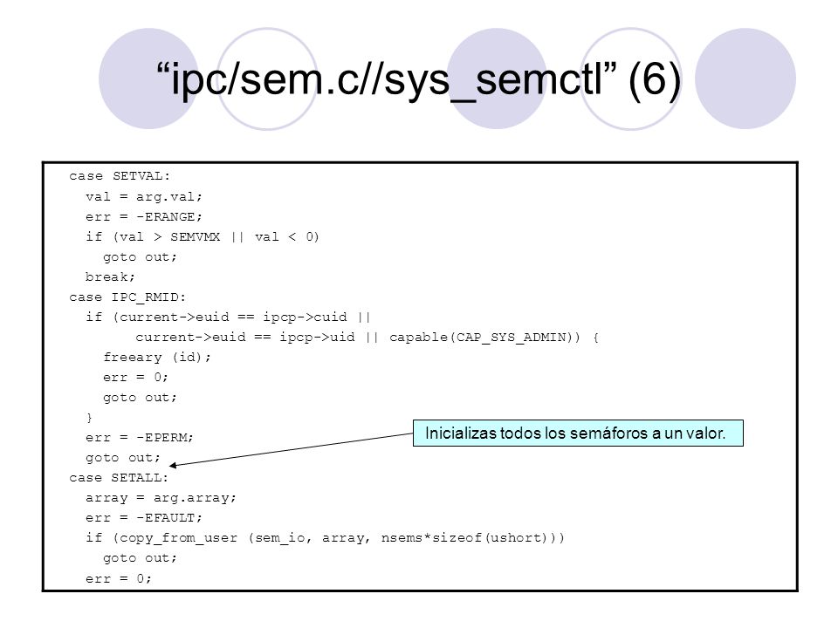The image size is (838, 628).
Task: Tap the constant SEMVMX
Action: click(x=195, y=236)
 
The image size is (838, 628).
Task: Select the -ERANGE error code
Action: click(x=170, y=217)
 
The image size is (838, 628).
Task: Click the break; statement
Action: click(x=110, y=276)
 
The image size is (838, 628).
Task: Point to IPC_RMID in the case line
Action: click(x=145, y=297)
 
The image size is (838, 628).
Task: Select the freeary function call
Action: click(x=133, y=358)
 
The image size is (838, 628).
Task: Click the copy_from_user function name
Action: click(x=178, y=538)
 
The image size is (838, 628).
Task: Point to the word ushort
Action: click(x=515, y=538)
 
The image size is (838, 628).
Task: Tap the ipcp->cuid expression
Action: click(x=305, y=317)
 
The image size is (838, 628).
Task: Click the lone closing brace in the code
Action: click(x=89, y=418)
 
